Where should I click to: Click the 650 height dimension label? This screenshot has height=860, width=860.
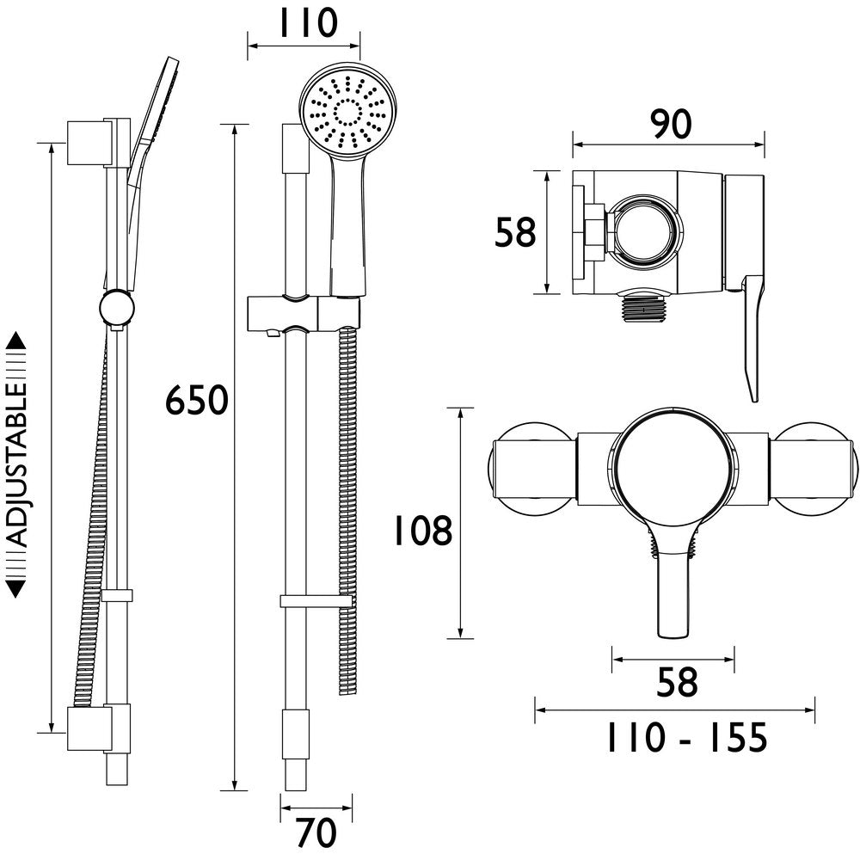(x=196, y=401)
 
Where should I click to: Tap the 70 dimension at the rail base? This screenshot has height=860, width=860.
(x=316, y=832)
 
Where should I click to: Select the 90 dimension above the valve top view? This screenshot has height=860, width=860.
(x=669, y=125)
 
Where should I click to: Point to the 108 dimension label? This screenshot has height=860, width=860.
(x=422, y=531)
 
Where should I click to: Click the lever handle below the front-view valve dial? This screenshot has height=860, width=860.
(x=673, y=593)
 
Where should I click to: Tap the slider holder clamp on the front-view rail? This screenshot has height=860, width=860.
(x=301, y=313)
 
